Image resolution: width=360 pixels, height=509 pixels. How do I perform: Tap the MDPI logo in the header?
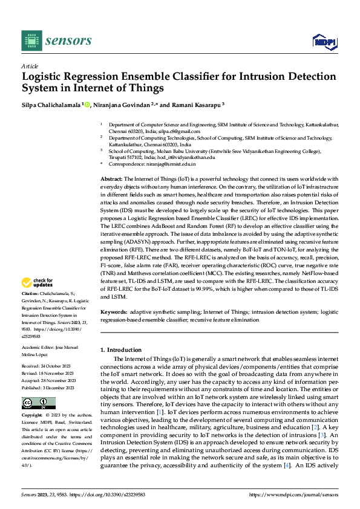(x=324, y=41)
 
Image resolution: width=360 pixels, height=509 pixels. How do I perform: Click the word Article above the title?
(x=30, y=66)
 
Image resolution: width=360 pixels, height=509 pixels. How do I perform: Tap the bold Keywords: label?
(x=114, y=312)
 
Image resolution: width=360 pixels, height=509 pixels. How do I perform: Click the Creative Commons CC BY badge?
(x=38, y=403)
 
